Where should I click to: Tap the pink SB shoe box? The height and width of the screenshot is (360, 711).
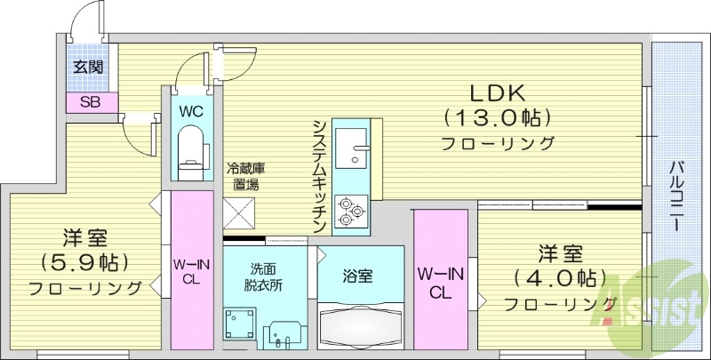(x=90, y=101)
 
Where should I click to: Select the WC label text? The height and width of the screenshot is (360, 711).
(x=191, y=112)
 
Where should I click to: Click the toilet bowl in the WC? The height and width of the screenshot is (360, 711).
(x=191, y=148)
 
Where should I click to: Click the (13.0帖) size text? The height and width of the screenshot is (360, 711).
(x=497, y=117)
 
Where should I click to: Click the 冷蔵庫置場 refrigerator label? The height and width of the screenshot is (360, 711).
(x=246, y=176)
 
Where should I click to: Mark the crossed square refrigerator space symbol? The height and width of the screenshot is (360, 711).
(x=240, y=213)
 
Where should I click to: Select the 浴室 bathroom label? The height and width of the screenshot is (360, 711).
(x=358, y=276)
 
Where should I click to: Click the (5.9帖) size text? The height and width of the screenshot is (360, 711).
(x=84, y=263)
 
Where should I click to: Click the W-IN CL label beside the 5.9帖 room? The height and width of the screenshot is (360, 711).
(x=192, y=270)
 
